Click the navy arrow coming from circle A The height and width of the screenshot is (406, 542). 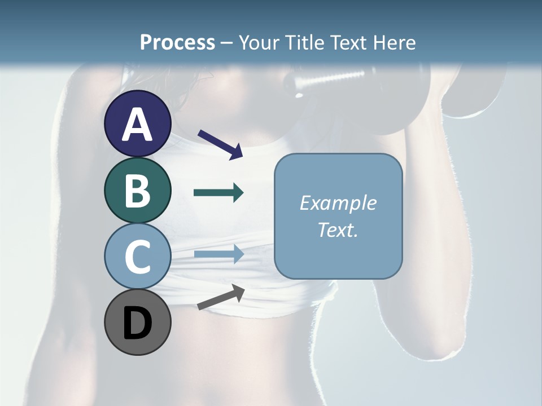[x=220, y=144]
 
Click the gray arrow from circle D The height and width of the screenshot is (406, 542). [x=221, y=297]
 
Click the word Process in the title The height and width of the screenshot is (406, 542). [x=177, y=42]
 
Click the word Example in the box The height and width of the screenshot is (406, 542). [x=338, y=203]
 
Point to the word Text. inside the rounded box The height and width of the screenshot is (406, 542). [x=338, y=230]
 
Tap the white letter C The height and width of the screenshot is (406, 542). [x=138, y=257]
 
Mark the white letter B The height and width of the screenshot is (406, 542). [x=138, y=191]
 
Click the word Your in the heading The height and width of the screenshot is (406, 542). [x=260, y=42]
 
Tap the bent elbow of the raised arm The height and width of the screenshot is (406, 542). [x=446, y=344]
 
